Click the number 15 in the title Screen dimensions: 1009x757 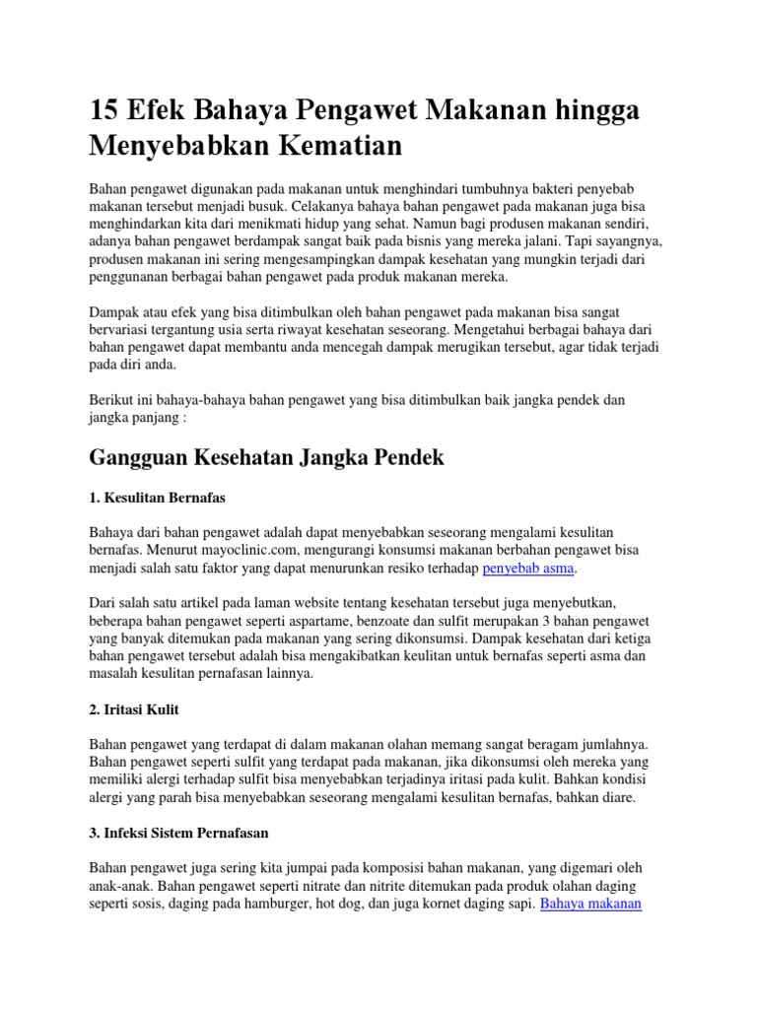tap(105, 111)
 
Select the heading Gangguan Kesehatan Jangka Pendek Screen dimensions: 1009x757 tap(266, 457)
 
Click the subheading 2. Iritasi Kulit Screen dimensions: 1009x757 tap(134, 709)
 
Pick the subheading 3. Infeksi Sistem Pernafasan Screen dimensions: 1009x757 tap(178, 833)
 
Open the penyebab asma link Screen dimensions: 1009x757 tap(528, 569)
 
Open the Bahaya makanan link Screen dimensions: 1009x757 tap(591, 904)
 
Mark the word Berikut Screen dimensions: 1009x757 tap(111, 401)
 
